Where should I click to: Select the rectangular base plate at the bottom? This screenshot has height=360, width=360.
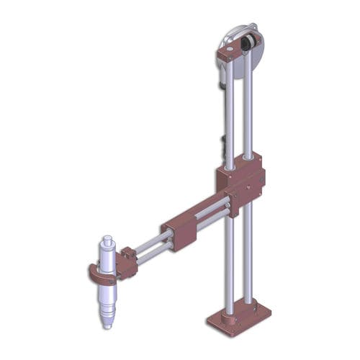pos(240,316)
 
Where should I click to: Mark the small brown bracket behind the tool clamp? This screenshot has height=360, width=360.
pos(129,262)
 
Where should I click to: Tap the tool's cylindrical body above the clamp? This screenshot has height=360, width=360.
pos(107,256)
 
